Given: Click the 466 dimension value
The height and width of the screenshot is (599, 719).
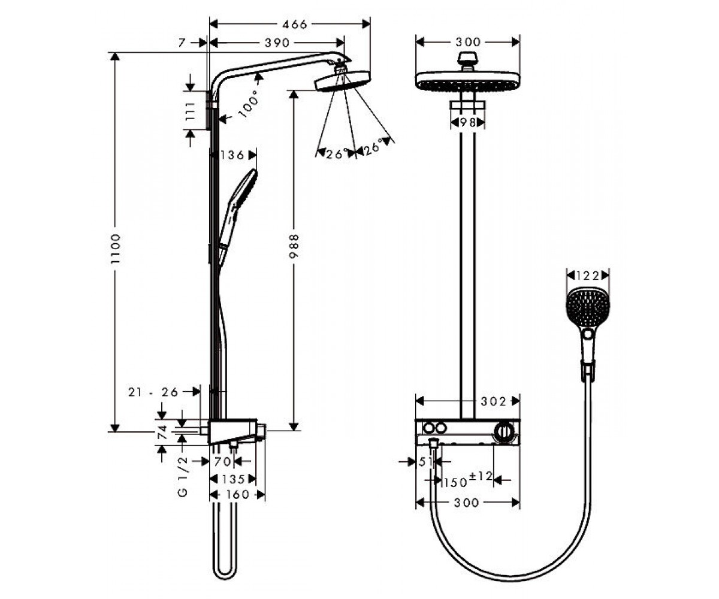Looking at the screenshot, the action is pos(294,24).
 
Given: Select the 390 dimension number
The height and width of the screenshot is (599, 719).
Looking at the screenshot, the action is pos(277,43).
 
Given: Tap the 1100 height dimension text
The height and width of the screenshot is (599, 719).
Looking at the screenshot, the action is pos(116,249).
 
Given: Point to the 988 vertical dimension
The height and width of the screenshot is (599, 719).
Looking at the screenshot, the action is pos(294,246).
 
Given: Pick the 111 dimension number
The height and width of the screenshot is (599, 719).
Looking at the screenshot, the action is pos(190,111).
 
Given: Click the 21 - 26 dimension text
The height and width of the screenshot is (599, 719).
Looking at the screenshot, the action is pos(153,392).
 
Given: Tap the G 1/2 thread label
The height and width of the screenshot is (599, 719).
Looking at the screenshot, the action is pos(183,476).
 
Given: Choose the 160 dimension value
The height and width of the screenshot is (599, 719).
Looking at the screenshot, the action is pos(238,495).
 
